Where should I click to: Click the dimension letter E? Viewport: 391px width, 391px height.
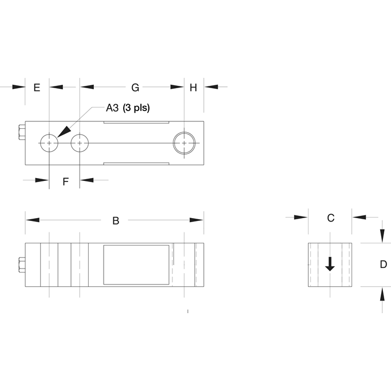coord(37,88)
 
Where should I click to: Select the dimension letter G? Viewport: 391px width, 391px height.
coord(135,88)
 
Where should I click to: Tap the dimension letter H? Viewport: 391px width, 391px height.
coord(193,88)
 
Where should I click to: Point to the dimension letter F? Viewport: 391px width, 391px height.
coord(65,181)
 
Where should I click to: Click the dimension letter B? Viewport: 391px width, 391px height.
coord(116,220)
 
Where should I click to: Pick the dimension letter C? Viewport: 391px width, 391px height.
coord(330,218)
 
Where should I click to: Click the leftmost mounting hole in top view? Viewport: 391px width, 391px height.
coord(50,143)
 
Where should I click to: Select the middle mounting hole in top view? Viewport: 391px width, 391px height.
coord(80,143)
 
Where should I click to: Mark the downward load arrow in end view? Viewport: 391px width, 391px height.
coord(330,264)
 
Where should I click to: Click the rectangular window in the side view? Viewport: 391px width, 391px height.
coord(136,264)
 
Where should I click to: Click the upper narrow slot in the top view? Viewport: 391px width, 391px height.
coord(136,123)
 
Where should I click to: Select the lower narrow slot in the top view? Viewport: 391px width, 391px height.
coord(136,164)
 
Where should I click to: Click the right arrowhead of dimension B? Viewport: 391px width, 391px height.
coord(198,220)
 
